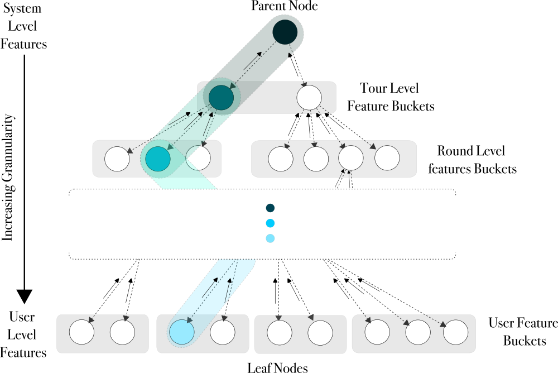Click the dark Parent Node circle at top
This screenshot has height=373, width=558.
(x=284, y=32)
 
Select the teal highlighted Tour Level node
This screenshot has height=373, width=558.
(x=221, y=97)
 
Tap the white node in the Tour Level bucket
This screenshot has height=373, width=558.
(x=309, y=97)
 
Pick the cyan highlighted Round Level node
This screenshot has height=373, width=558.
(x=158, y=159)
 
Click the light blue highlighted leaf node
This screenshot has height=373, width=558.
(x=181, y=332)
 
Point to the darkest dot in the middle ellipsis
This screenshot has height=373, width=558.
(x=271, y=208)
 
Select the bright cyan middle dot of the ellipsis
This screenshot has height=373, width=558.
(x=271, y=223)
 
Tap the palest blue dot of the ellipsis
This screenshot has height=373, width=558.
(x=271, y=238)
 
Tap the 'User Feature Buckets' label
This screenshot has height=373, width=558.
(x=523, y=332)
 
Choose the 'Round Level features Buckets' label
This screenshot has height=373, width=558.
(x=472, y=159)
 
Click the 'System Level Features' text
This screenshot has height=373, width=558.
(x=23, y=26)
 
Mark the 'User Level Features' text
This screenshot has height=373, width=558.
(x=23, y=334)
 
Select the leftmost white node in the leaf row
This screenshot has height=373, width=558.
(x=81, y=332)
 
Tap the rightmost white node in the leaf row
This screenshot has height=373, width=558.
(x=455, y=332)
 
